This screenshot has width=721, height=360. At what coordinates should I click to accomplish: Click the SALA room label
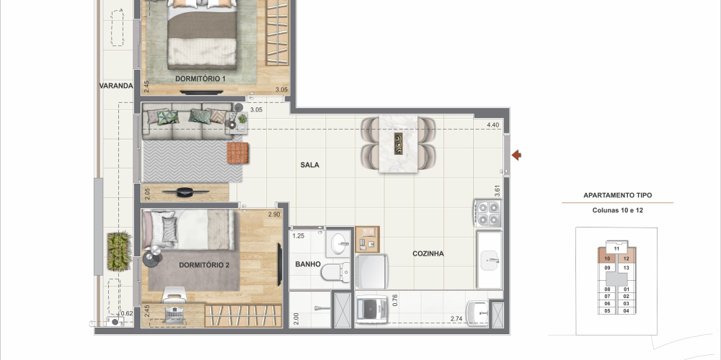point(309,165)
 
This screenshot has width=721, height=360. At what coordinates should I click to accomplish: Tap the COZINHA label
point(428,253)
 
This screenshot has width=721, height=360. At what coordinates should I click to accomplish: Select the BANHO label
point(308,264)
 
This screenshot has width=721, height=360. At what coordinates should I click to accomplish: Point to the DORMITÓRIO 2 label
point(204,265)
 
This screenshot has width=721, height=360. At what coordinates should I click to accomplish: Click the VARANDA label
point(116,86)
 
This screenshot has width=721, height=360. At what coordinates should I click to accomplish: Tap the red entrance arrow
point(516,156)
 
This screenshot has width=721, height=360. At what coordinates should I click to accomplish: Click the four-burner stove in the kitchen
point(487,214)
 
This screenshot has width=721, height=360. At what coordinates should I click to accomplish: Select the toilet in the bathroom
point(335,273)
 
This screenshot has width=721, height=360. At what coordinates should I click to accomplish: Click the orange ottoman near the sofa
point(238,153)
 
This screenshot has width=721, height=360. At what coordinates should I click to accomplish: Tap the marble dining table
point(398,144)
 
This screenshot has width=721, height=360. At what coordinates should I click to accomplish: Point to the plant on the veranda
point(120,251)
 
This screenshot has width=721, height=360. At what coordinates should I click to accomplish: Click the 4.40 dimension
point(492,125)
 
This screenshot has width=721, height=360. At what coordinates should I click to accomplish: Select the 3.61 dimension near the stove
point(497,191)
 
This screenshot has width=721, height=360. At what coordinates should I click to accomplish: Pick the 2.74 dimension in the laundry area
point(456,319)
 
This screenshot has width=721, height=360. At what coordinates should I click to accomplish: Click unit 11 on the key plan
point(616,249)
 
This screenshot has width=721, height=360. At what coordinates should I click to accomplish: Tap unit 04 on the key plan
point(627,311)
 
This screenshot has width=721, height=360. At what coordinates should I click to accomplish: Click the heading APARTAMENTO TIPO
point(618,195)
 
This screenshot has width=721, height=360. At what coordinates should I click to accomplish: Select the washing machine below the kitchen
point(372,309)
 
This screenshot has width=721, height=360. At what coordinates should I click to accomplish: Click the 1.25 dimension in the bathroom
point(298,236)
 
